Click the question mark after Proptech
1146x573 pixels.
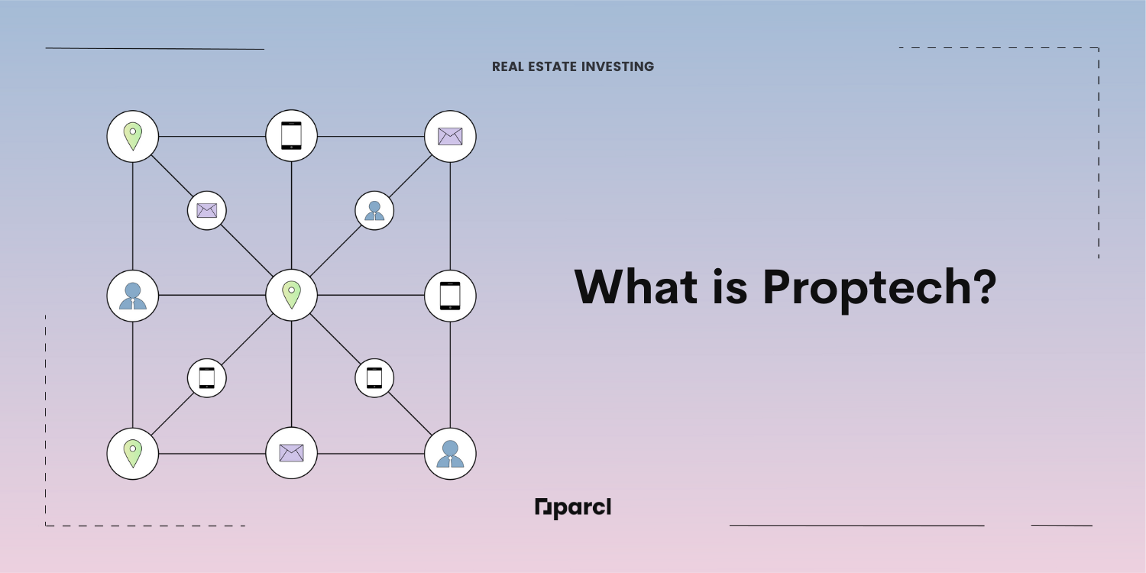tap(986, 286)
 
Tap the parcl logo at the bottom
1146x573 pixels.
tap(573, 508)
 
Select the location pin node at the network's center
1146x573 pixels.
tap(292, 295)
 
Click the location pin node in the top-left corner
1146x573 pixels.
tap(132, 137)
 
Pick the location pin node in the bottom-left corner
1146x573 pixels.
tap(132, 454)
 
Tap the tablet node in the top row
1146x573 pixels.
tap(292, 135)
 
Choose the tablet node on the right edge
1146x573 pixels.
tap(450, 296)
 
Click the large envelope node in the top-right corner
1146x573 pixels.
tap(450, 137)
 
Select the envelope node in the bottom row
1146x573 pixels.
tap(292, 453)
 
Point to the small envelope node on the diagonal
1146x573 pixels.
tap(207, 210)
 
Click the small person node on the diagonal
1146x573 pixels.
tap(374, 210)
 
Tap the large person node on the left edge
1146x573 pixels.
tap(132, 296)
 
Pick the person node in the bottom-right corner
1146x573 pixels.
tap(450, 454)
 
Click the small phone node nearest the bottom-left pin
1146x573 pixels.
tap(207, 378)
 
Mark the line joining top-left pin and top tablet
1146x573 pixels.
tap(212, 137)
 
